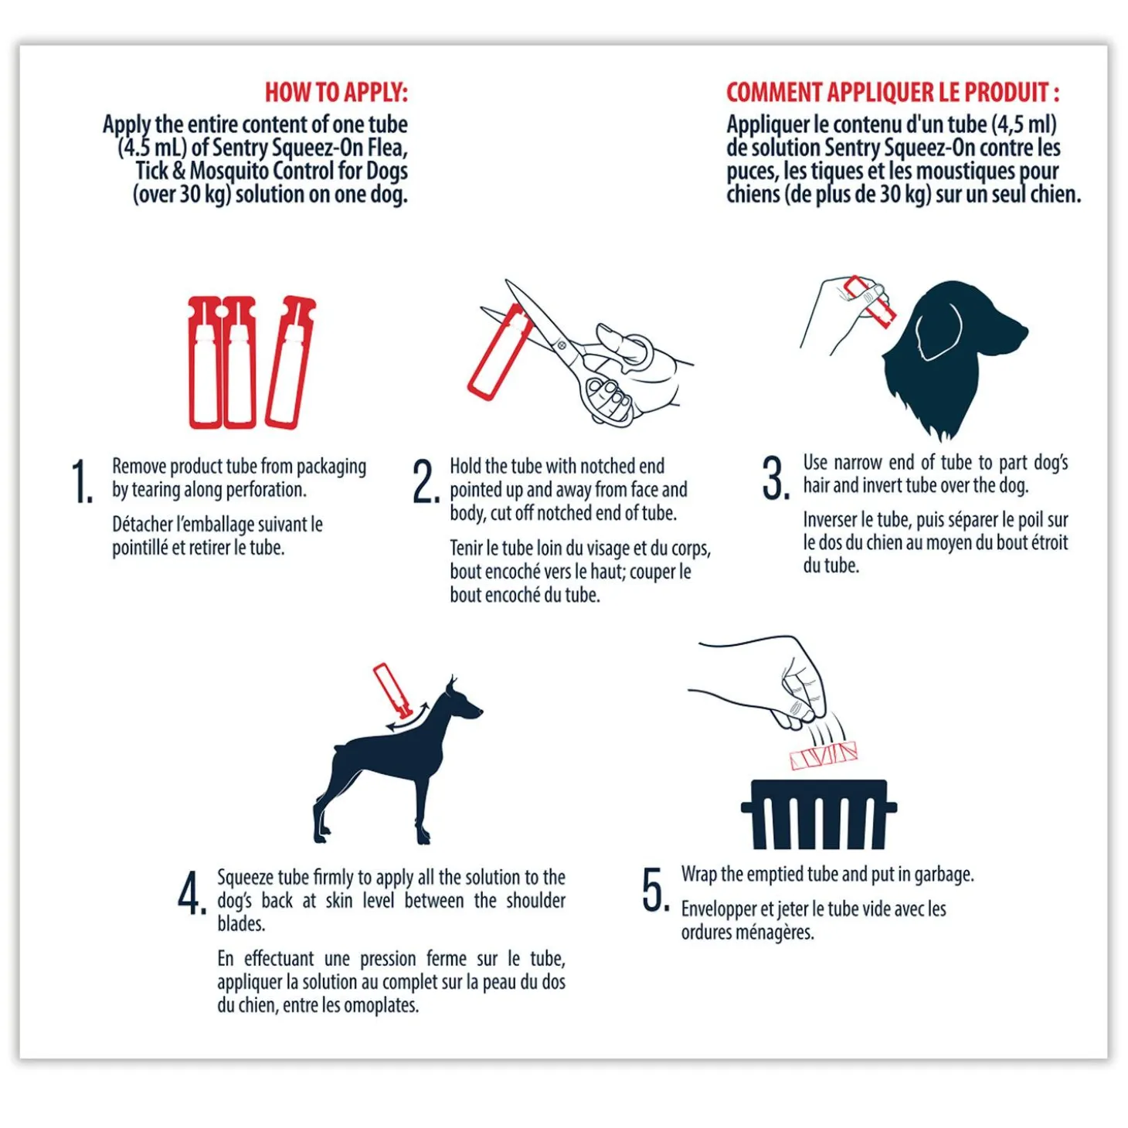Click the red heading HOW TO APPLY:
point(337,93)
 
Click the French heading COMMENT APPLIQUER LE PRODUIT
point(892,93)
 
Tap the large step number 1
point(83,481)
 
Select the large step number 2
point(426,481)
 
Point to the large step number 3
point(776,478)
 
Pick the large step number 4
point(192,893)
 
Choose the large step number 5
point(656,890)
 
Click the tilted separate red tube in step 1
point(291,363)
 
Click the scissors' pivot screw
point(561,345)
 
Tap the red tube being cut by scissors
point(499,352)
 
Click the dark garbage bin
point(818,814)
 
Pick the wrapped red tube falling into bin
point(824,756)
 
